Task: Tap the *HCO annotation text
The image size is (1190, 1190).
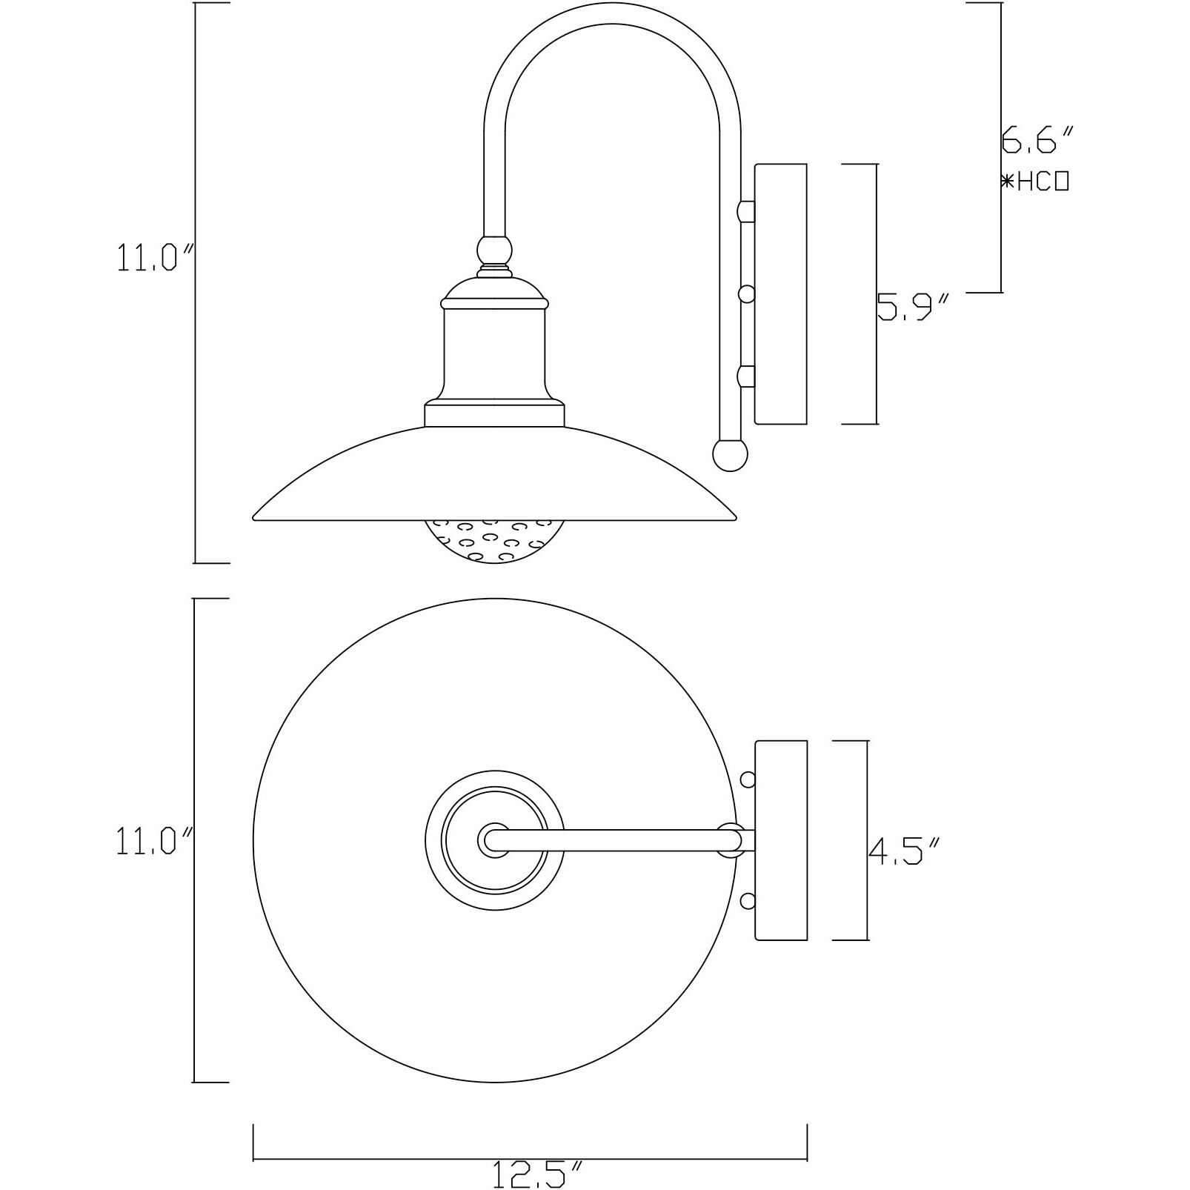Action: tap(1034, 182)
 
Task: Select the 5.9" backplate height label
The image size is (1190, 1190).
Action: tap(913, 307)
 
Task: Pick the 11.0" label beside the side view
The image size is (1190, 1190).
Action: tap(154, 259)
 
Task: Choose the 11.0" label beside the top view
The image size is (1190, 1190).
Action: tap(154, 842)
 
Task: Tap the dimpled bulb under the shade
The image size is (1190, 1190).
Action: tap(494, 541)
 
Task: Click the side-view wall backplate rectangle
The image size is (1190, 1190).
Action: tap(780, 294)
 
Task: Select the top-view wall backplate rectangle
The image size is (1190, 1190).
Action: tap(780, 840)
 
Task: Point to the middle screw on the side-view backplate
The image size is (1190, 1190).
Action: tap(747, 294)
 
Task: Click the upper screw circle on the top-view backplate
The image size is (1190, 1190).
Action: tap(748, 780)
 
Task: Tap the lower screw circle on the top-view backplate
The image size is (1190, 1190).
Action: tap(748, 901)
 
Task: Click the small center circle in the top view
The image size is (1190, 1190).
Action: tap(494, 840)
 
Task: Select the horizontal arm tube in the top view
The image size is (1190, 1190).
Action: tap(615, 840)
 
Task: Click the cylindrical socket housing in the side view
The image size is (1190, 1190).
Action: tap(494, 356)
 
